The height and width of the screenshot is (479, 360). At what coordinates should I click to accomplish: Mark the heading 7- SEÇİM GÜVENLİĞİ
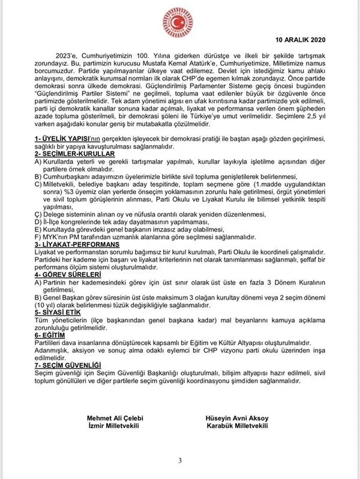click(x=67, y=365)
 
